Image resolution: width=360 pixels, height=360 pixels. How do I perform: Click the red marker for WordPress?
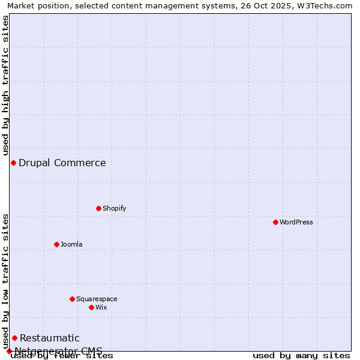[275, 222]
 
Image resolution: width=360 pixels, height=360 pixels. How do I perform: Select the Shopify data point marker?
[98, 208]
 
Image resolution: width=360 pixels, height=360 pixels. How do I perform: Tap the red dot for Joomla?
[56, 244]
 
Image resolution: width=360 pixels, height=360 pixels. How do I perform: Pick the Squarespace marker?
[72, 299]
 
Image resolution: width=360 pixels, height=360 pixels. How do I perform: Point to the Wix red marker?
[91, 307]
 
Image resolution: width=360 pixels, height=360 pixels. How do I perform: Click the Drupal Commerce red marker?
[13, 163]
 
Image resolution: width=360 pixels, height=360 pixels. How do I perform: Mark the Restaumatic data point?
[14, 338]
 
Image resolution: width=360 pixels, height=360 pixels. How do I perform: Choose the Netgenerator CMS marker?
[9, 351]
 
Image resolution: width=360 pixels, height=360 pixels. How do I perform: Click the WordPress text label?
[296, 222]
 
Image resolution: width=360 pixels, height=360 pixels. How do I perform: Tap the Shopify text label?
[114, 208]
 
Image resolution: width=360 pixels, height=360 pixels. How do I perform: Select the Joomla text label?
[71, 244]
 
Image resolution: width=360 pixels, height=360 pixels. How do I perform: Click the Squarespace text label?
[97, 299]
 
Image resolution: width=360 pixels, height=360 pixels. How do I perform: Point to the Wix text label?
[101, 307]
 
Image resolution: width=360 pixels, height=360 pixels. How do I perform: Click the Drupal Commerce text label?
[62, 163]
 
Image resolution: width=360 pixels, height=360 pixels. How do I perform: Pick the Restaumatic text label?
[50, 338]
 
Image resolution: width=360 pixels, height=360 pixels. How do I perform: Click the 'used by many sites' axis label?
[301, 356]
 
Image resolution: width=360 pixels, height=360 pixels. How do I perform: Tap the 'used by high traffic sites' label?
[5, 85]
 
